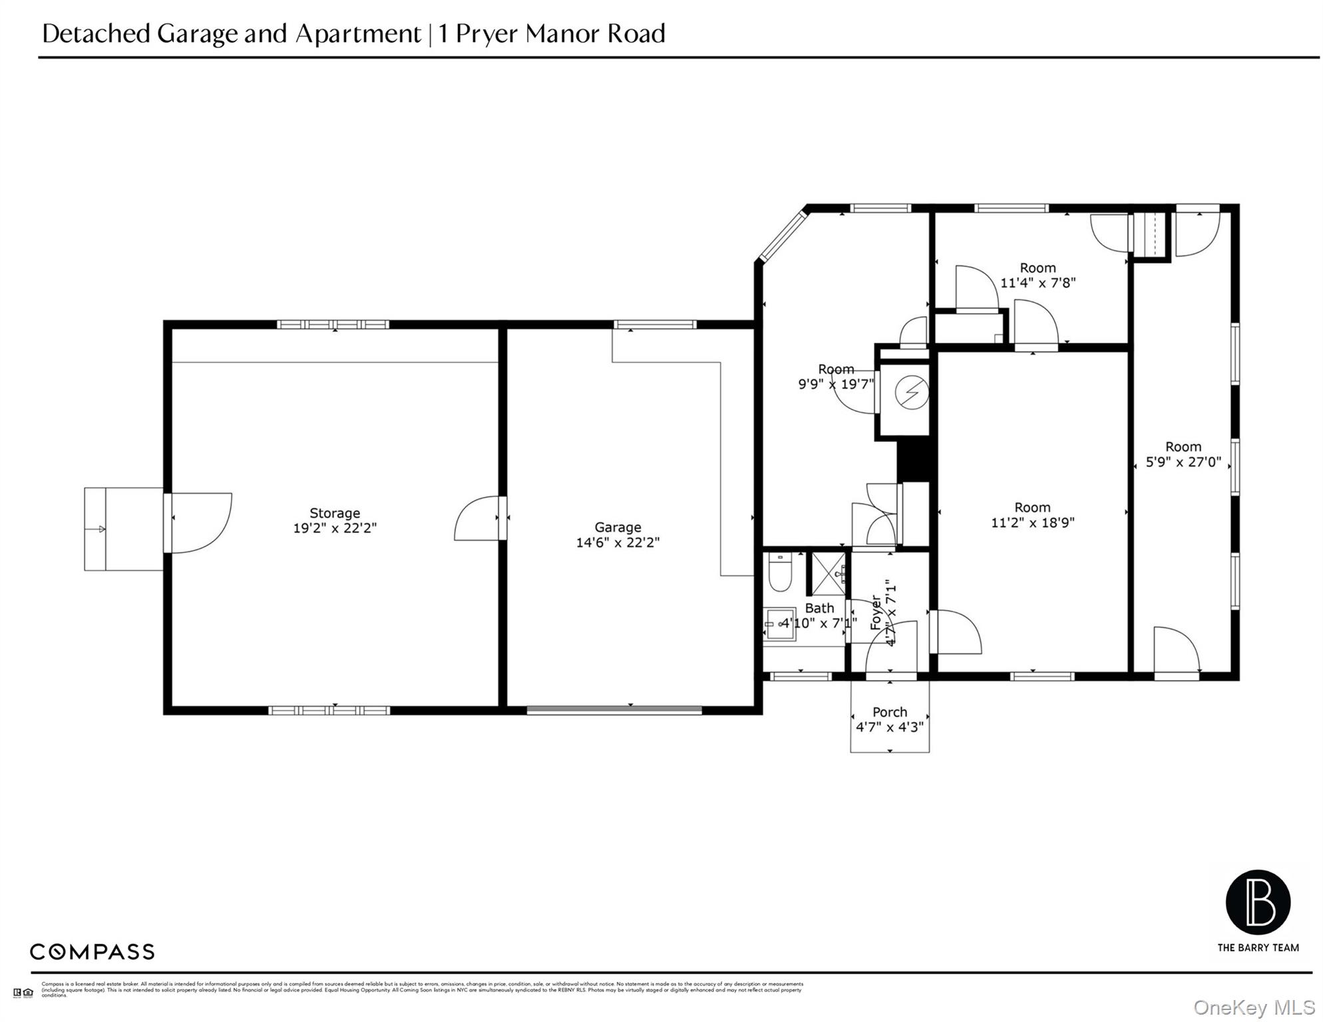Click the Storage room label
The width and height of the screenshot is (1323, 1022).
(335, 513)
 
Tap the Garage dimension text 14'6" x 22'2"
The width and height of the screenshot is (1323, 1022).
(618, 542)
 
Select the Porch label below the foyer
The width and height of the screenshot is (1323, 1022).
(890, 712)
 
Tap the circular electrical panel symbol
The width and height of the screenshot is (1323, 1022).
(911, 393)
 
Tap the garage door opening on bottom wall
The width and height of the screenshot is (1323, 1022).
(614, 710)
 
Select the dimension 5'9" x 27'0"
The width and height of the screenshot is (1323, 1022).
(1183, 462)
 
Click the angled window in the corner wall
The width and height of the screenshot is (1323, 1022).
(783, 236)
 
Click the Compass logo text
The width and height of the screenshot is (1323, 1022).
(92, 951)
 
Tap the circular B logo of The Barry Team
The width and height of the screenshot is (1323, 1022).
(1258, 902)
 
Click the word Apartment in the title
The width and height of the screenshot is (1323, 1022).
(358, 33)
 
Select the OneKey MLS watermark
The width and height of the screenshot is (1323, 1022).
(1254, 1007)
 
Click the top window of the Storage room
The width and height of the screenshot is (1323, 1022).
(333, 325)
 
